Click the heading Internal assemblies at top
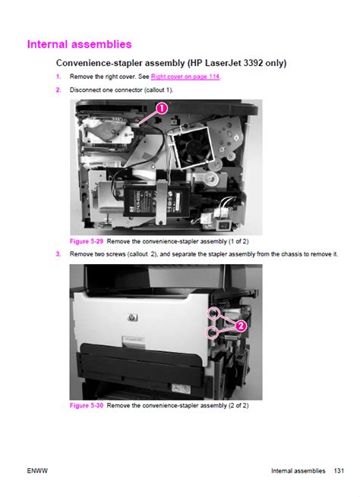(79, 44)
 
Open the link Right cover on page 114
(185, 77)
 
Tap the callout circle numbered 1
(162, 109)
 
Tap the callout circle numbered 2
(241, 326)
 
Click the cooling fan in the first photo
(192, 146)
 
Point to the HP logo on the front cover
(133, 317)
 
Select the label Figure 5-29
(87, 241)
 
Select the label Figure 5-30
(87, 405)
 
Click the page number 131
(339, 470)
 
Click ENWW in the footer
(37, 470)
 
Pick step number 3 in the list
(58, 254)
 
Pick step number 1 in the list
(58, 77)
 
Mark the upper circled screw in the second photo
(213, 313)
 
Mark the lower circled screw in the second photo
(212, 332)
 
